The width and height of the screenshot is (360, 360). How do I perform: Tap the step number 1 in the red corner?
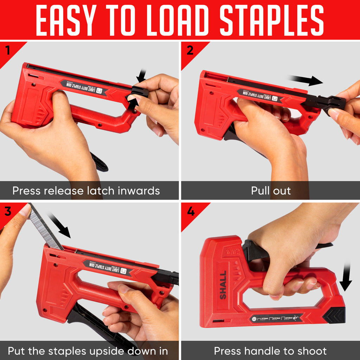tap(7, 50)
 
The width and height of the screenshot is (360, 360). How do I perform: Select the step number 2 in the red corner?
tap(190, 50)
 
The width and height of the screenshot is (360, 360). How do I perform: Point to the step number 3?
tap(8, 211)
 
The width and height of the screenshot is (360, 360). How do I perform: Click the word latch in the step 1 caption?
tap(102, 191)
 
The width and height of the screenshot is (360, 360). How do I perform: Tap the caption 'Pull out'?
tap(271, 191)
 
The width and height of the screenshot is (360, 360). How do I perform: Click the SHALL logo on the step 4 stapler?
tap(223, 285)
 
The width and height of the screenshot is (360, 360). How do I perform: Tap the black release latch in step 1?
tap(139, 92)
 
